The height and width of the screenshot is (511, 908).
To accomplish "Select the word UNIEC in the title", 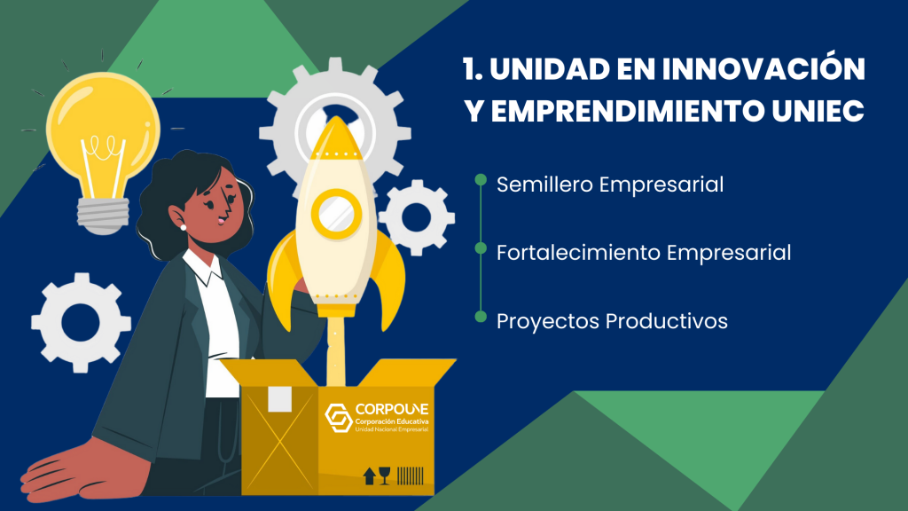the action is pyautogui.click(x=818, y=111).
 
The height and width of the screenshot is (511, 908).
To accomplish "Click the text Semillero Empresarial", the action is pyautogui.click(x=610, y=185).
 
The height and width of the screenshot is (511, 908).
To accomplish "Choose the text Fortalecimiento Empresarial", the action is pyautogui.click(x=644, y=253).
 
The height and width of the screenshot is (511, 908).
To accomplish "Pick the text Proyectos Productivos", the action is pyautogui.click(x=612, y=321).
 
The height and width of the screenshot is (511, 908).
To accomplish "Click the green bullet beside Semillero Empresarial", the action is pyautogui.click(x=481, y=180).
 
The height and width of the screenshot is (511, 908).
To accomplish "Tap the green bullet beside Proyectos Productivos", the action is pyautogui.click(x=481, y=317).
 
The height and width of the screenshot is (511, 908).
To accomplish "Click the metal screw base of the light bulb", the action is pyautogui.click(x=103, y=216).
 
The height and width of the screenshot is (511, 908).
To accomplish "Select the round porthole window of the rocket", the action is pyautogui.click(x=336, y=214).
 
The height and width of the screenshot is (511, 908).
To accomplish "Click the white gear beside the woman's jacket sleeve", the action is pyautogui.click(x=81, y=323).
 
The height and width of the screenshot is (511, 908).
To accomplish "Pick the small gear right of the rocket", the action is pyautogui.click(x=417, y=218).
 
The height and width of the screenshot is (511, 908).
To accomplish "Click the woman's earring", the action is pyautogui.click(x=184, y=228).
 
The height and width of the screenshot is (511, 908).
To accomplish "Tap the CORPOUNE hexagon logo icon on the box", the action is pyautogui.click(x=339, y=418).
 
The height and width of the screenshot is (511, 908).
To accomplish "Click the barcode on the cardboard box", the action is pyautogui.click(x=411, y=476).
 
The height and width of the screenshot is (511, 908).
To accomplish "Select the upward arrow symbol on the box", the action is pyautogui.click(x=369, y=476).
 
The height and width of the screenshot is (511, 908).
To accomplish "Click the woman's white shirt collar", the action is pyautogui.click(x=203, y=268).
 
